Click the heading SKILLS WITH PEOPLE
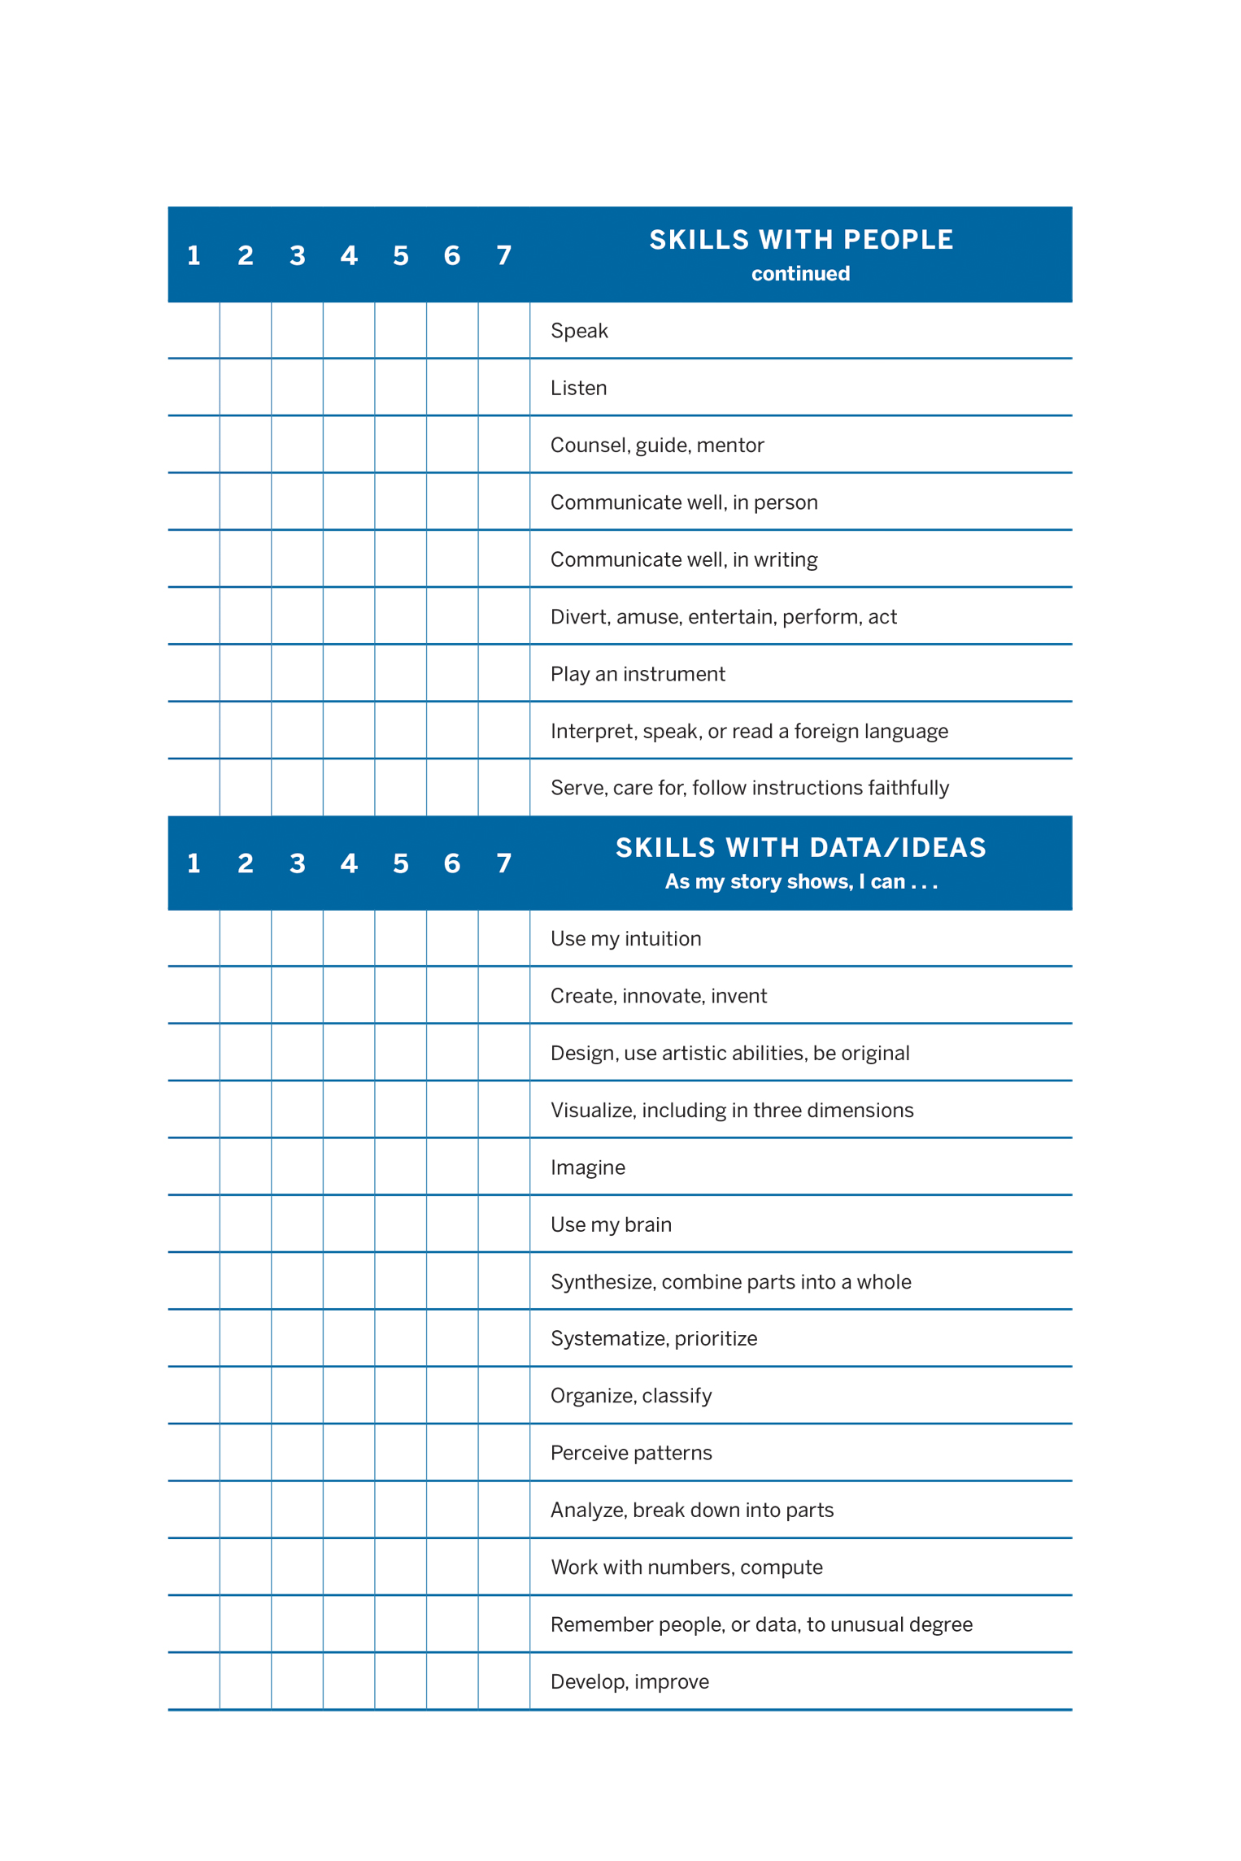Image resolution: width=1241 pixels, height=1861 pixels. (x=800, y=240)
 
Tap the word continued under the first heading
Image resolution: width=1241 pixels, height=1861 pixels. (x=800, y=274)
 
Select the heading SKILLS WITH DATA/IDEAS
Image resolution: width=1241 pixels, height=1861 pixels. (x=800, y=848)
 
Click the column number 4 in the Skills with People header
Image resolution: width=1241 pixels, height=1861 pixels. (x=349, y=256)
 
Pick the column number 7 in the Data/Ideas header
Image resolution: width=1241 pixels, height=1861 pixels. (x=504, y=863)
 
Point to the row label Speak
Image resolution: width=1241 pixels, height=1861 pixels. (x=579, y=331)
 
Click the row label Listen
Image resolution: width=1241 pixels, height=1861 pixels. (x=578, y=388)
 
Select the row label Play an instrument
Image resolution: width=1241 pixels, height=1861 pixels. (x=638, y=674)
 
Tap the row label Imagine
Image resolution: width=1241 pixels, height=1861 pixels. (x=587, y=1167)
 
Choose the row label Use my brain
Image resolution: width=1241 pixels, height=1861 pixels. (x=611, y=1224)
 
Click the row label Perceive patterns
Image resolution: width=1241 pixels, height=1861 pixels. (x=631, y=1453)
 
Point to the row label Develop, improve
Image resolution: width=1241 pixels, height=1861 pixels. (x=629, y=1681)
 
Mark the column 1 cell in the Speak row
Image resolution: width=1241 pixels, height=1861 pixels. (x=194, y=330)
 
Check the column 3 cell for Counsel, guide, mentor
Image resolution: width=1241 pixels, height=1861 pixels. (x=297, y=445)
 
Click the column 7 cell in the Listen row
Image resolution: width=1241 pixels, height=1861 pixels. (x=504, y=388)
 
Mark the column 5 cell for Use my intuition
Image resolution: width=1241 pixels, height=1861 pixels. (x=401, y=938)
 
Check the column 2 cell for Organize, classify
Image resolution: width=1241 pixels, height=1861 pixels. (x=246, y=1395)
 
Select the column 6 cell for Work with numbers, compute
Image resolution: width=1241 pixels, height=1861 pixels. (x=452, y=1567)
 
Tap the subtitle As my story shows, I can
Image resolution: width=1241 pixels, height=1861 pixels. (x=800, y=882)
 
